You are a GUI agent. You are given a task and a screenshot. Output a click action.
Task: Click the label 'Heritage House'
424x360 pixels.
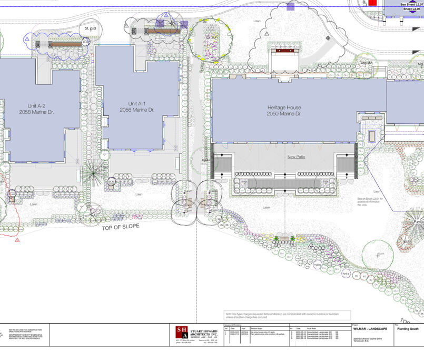click(x=283, y=108)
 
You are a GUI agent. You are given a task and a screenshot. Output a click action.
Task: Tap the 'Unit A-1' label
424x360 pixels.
click(x=136, y=103)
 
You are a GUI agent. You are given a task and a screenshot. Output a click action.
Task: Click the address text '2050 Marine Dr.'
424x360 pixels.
click(x=283, y=114)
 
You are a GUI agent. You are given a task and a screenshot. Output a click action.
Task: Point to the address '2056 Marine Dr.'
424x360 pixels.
click(x=136, y=110)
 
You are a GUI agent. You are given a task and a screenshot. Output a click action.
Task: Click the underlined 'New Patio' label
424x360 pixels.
click(x=297, y=157)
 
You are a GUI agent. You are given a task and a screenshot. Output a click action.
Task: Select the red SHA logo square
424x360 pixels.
click(x=181, y=333)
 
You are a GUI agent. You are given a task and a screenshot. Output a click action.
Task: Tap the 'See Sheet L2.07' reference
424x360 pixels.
click(x=412, y=4)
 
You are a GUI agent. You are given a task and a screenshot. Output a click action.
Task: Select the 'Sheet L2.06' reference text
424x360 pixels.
click(x=413, y=9)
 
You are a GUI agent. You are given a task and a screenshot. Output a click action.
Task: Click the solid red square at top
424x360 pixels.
click(x=373, y=3)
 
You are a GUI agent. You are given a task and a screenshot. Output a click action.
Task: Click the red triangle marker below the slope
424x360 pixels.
click(x=17, y=240)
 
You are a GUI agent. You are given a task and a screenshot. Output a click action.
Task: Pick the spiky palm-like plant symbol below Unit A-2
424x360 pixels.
click(x=95, y=172)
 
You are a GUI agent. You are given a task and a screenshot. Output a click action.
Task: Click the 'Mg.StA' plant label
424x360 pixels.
click(x=366, y=63)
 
